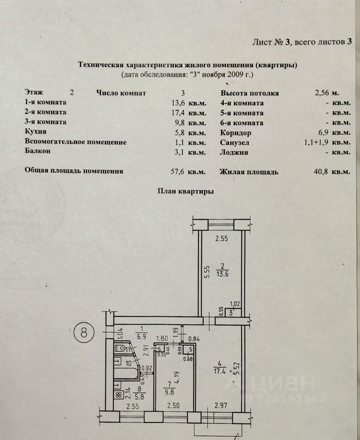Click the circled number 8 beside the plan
84,333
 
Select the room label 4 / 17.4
219,369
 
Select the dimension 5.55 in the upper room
207,272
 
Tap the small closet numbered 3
232,313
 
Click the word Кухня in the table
37,132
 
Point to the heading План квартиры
185,192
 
